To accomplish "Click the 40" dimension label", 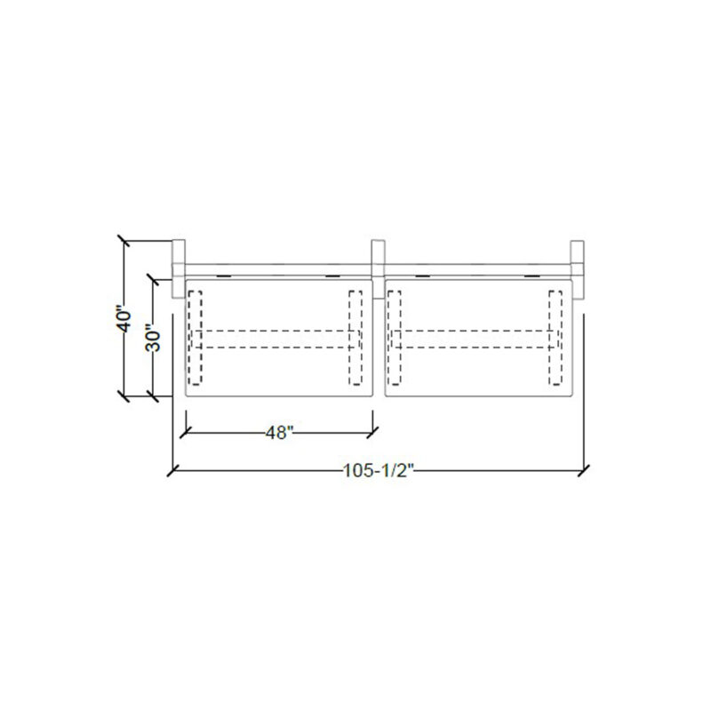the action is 124,321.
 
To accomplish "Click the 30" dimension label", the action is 152,338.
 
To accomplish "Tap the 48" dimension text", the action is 276,433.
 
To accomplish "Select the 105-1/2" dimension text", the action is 379,471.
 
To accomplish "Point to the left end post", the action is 179,269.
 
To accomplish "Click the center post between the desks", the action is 378,269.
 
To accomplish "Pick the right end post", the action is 577,269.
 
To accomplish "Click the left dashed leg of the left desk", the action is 196,338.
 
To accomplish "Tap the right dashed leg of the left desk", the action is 355,338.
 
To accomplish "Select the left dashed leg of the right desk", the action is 394,338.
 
